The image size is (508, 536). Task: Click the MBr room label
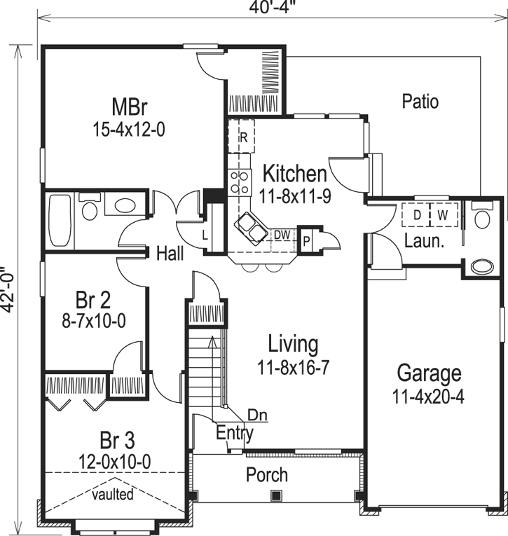tap(129, 107)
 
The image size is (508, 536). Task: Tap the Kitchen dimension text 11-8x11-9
tap(294, 196)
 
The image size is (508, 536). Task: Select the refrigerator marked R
tap(243, 137)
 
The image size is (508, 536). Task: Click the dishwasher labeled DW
tap(282, 234)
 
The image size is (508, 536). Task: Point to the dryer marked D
tap(416, 215)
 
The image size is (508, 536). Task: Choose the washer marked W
tap(442, 215)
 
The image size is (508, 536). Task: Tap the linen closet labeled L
tap(205, 234)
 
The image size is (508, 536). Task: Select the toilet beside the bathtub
tap(90, 209)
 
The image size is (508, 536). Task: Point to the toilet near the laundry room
tap(481, 218)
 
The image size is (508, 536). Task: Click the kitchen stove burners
tap(240, 182)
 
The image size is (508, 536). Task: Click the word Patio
tap(420, 102)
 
